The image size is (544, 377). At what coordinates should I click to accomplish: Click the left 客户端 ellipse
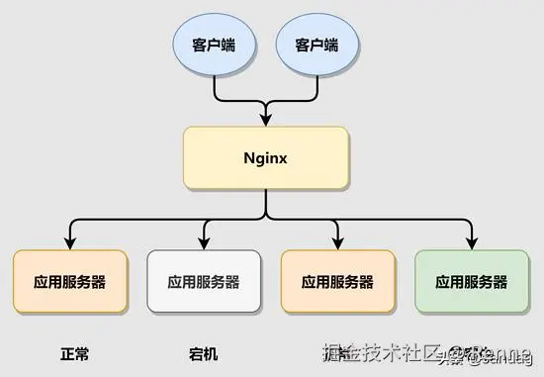click(x=214, y=46)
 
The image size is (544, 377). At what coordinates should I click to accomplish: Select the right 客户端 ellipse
click(x=317, y=46)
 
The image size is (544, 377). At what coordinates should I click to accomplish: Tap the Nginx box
click(x=266, y=158)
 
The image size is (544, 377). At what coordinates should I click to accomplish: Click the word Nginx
click(x=266, y=158)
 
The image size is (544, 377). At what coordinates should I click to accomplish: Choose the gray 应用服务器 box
click(x=204, y=281)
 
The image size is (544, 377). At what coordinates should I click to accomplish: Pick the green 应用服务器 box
click(x=472, y=281)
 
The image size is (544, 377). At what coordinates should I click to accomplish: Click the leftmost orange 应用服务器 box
click(x=70, y=281)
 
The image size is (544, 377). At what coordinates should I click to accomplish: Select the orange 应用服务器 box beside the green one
click(x=338, y=281)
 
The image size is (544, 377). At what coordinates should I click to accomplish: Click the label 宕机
click(x=203, y=352)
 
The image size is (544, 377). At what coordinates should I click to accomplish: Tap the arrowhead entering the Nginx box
click(x=266, y=120)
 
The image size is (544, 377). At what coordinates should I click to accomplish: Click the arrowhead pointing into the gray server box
click(x=204, y=243)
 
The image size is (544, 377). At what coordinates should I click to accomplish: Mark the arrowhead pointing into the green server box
click(x=472, y=243)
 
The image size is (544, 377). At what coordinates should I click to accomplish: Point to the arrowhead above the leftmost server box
click(x=70, y=243)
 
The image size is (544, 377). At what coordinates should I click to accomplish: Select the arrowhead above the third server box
click(x=338, y=243)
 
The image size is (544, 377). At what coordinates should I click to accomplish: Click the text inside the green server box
click(x=472, y=282)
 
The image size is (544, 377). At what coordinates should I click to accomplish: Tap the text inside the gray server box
click(x=204, y=282)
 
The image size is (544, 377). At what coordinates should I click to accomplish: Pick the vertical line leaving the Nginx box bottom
click(x=266, y=204)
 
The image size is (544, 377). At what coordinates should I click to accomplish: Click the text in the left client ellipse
click(x=214, y=46)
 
